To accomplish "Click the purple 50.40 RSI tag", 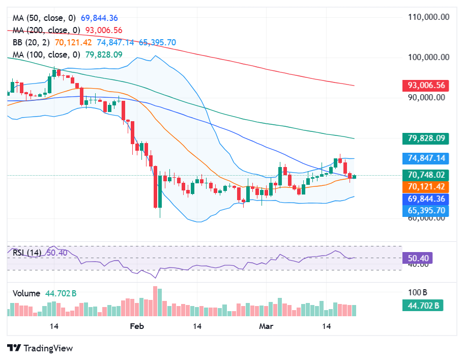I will click(417, 259).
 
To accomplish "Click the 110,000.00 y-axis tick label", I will click(428, 17).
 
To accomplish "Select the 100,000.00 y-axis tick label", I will click(428, 57).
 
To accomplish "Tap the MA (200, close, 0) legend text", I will click(46, 31).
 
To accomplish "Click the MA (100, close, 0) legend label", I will click(46, 54).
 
